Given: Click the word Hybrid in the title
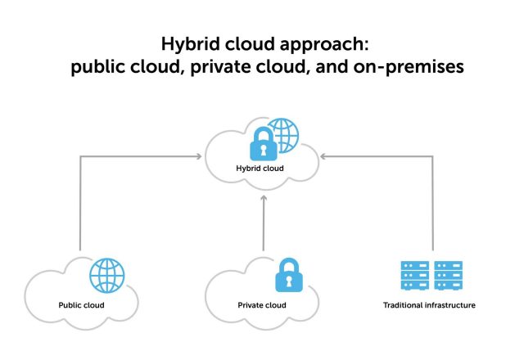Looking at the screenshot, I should click(x=187, y=43).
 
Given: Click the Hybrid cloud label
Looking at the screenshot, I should click(x=260, y=169).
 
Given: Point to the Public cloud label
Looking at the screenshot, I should click(x=82, y=305).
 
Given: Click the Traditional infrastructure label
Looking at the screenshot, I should click(x=429, y=305).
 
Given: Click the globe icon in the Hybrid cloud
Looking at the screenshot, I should click(x=282, y=133).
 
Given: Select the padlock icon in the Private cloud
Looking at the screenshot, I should click(x=287, y=276).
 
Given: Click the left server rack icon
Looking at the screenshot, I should click(x=414, y=276).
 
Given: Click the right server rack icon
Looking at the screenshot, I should click(x=449, y=276).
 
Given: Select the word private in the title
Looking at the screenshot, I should click(x=223, y=67).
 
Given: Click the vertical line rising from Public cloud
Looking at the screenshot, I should click(x=80, y=205).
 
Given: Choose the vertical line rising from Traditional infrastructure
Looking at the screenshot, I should click(x=431, y=205).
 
